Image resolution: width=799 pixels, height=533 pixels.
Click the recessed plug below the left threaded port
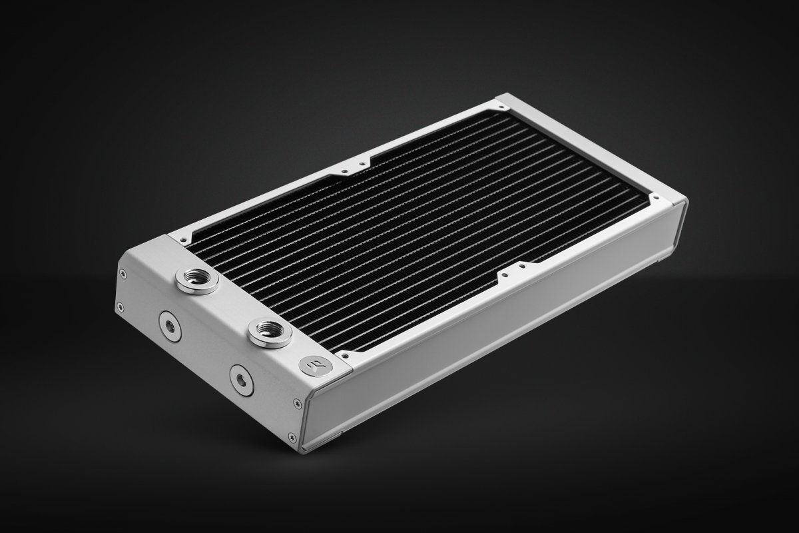[x=169, y=326]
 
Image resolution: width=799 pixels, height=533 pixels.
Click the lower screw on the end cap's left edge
[x=121, y=307]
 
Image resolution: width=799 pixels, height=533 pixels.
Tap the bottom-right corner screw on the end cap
[x=293, y=436]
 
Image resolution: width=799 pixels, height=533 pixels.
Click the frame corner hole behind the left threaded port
[x=178, y=235]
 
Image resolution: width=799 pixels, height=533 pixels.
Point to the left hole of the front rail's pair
[x=505, y=273]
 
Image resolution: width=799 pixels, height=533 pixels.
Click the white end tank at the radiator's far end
[x=593, y=147]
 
